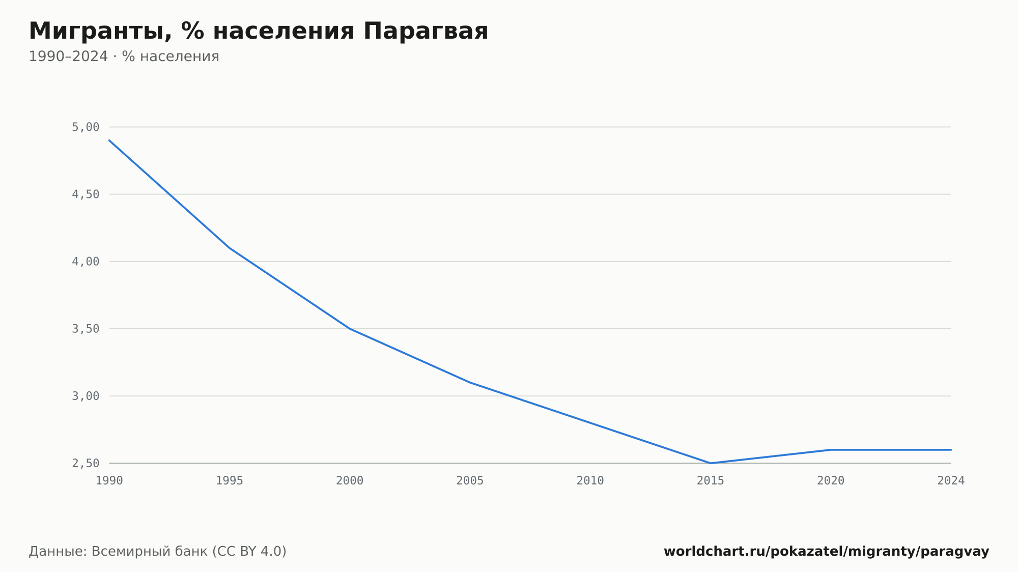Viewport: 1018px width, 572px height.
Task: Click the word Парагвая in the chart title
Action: (x=426, y=31)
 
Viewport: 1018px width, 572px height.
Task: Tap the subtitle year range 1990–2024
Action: (x=68, y=56)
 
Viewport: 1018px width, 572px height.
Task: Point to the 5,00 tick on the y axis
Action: (x=86, y=127)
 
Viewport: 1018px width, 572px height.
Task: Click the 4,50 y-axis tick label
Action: (x=86, y=194)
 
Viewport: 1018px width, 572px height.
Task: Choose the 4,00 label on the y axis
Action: (x=86, y=262)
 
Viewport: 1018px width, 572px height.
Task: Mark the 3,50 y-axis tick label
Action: (x=86, y=329)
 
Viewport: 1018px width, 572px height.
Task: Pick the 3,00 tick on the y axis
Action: (x=86, y=396)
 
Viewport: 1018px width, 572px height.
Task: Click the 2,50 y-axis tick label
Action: (x=86, y=463)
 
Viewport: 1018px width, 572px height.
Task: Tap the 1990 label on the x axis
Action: (x=109, y=481)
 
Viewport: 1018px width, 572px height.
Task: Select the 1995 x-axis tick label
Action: (x=230, y=481)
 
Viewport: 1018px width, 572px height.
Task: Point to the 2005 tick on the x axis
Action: (x=470, y=481)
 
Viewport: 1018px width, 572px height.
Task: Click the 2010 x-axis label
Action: (x=590, y=481)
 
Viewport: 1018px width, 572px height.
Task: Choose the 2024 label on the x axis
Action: (x=951, y=481)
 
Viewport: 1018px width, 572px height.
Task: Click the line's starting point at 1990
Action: (x=109, y=140)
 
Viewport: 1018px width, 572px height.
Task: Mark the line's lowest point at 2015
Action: (x=711, y=463)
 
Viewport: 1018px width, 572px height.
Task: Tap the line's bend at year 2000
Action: (x=350, y=329)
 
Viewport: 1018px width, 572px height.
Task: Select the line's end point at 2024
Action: (x=951, y=450)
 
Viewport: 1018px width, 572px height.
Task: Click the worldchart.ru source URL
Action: (x=827, y=552)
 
